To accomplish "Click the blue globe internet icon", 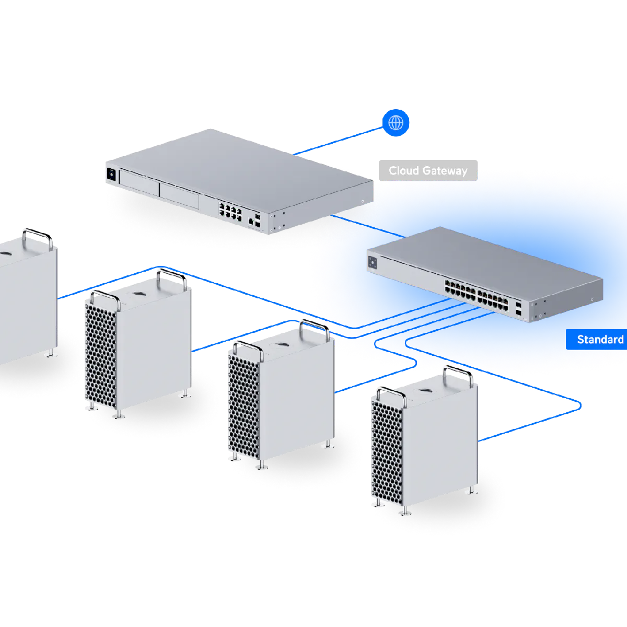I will pyautogui.click(x=396, y=123).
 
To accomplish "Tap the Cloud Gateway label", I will pyautogui.click(x=427, y=171).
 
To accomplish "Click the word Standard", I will pyautogui.click(x=600, y=340).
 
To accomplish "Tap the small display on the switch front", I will pyautogui.click(x=373, y=263).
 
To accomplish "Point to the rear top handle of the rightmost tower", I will pyautogui.click(x=459, y=374).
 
